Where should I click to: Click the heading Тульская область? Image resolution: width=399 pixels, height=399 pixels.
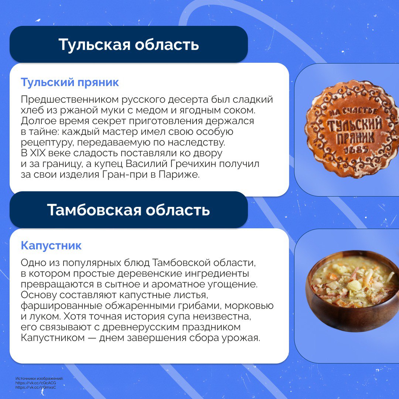click(x=129, y=45)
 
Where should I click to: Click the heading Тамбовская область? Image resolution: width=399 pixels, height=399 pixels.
click(x=129, y=210)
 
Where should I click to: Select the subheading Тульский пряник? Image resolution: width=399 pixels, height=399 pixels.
click(x=70, y=82)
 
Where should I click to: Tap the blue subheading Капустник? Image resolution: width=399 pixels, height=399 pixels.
click(x=51, y=246)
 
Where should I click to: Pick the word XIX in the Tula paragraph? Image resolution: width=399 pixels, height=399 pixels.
click(x=37, y=153)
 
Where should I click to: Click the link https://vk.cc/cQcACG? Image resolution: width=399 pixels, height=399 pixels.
click(x=35, y=383)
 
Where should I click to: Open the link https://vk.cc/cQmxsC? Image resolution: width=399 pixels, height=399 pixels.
click(x=35, y=388)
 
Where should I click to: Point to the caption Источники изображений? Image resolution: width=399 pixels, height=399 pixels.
click(x=40, y=379)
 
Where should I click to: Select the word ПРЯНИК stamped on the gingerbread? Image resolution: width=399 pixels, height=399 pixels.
click(x=355, y=138)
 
